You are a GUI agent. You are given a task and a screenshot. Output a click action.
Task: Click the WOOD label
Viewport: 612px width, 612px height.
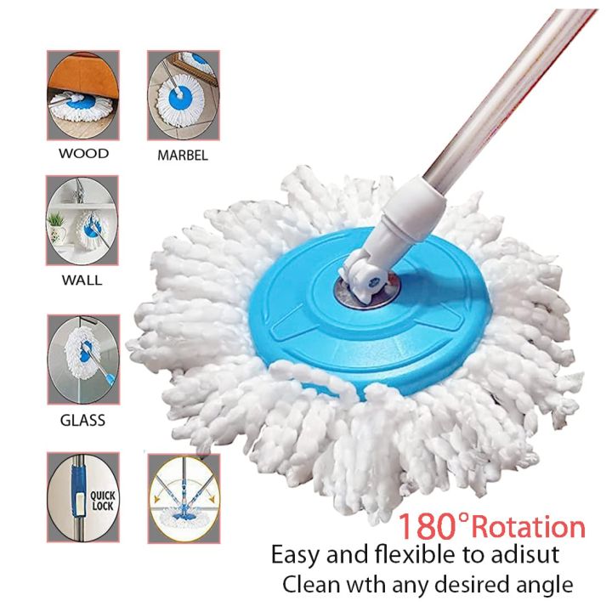(83, 154)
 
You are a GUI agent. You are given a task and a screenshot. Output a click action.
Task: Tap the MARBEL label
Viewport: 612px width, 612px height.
(183, 156)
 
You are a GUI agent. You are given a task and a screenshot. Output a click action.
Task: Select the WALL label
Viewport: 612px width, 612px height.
(83, 280)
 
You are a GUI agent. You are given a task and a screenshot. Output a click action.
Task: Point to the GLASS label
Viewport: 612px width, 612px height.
(83, 420)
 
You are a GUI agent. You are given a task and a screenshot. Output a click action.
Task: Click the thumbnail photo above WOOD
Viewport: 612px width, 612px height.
(82, 95)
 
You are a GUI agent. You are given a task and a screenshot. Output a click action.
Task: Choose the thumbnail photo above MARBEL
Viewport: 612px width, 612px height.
(184, 95)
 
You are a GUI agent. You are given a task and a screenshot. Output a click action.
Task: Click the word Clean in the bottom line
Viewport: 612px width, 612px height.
(310, 585)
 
